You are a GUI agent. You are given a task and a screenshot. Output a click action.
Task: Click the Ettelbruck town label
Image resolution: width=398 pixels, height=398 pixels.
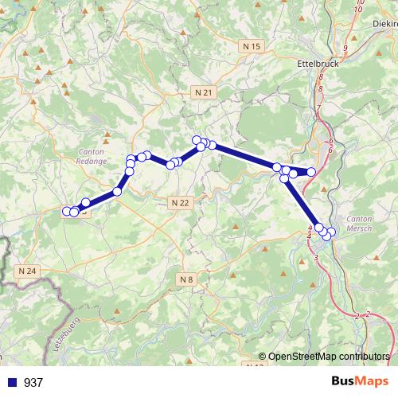click(317, 61)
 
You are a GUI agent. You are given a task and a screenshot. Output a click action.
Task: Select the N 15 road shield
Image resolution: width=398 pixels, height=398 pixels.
click(251, 48)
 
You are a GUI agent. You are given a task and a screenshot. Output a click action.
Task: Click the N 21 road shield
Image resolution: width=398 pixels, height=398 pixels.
click(205, 93)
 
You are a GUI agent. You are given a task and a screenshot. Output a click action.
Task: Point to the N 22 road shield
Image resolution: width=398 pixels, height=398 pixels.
click(181, 203)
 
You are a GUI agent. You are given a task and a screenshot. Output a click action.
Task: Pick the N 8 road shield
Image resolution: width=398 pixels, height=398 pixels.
click(186, 279)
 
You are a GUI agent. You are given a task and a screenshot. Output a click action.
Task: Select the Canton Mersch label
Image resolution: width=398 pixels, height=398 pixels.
click(361, 222)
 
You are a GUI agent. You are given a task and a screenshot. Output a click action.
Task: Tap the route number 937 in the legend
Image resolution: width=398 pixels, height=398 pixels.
click(33, 383)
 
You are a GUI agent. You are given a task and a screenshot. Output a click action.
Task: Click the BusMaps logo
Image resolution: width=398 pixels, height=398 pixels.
click(360, 382)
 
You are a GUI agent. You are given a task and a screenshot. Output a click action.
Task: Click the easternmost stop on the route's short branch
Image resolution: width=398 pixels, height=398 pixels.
click(312, 172)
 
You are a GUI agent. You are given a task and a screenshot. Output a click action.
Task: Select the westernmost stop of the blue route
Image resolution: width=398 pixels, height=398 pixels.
click(67, 211)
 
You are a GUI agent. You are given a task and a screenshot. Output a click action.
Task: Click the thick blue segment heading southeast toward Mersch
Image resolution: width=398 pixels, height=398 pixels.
click(302, 204)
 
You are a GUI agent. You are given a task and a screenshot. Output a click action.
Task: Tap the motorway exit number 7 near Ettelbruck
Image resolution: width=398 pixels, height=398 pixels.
click(318, 107)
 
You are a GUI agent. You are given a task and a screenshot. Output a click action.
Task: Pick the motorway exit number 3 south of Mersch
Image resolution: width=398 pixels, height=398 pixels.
click(316, 257)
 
